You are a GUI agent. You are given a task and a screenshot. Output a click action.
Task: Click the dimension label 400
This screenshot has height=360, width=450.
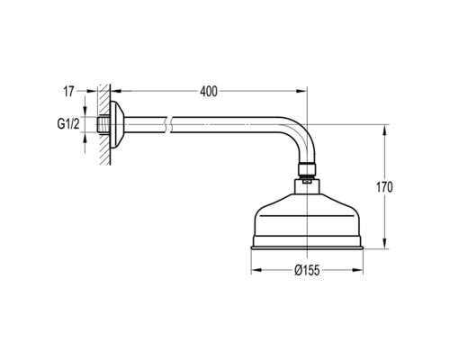coord(209,92)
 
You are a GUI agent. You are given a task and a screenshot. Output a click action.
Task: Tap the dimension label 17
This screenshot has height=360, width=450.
coord(68,92)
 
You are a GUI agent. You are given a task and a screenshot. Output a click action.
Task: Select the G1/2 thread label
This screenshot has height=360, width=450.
coord(68,124)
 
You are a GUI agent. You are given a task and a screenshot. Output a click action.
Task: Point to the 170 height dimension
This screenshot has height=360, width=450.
coord(384,187)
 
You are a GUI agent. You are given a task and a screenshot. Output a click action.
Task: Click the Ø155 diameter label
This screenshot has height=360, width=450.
coord(307,271)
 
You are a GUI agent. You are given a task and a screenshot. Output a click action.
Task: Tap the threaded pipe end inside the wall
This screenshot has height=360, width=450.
coord(103,124)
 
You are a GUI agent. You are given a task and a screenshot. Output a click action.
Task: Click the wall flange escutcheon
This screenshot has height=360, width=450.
coord(117,124)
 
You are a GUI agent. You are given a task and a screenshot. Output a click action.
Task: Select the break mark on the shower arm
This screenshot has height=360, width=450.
coord(168,124)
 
